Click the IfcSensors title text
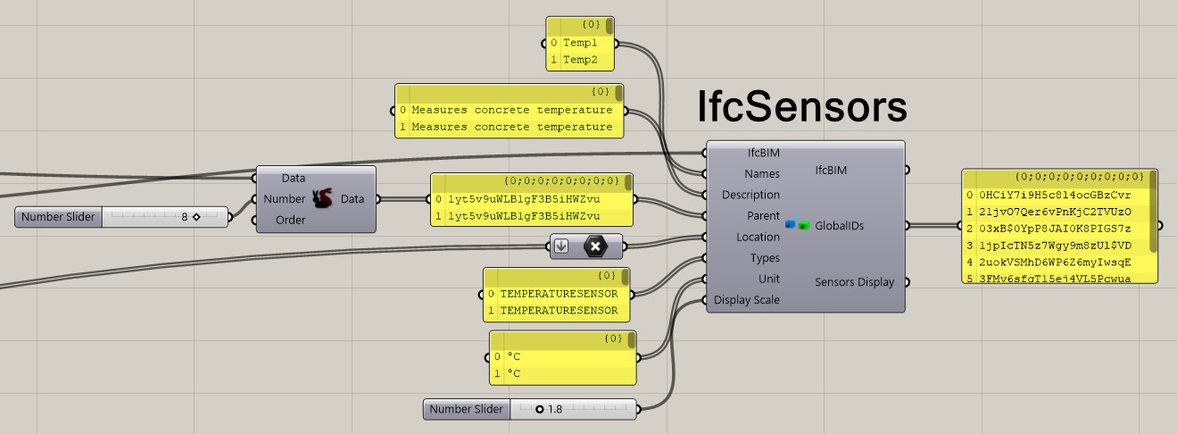(801, 108)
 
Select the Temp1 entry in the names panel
(580, 42)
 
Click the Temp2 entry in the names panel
(580, 60)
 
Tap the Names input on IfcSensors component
(761, 174)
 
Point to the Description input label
(750, 195)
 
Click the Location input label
(758, 237)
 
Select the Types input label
(765, 258)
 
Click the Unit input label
(768, 279)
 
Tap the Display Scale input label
(747, 300)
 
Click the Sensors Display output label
(854, 282)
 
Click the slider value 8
(185, 216)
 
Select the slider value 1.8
(554, 409)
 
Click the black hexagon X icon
(595, 246)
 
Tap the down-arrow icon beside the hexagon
(561, 246)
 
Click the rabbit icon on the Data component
(323, 199)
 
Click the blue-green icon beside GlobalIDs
(797, 226)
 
